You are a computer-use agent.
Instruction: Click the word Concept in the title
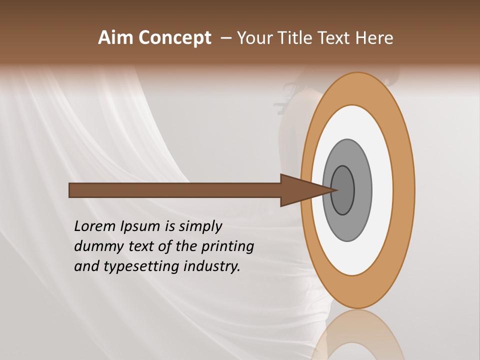(174, 38)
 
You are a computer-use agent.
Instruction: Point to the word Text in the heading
(335, 38)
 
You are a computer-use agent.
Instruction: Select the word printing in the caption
(227, 246)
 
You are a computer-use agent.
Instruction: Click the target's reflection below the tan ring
(358, 335)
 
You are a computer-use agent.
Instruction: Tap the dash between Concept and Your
(226, 38)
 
